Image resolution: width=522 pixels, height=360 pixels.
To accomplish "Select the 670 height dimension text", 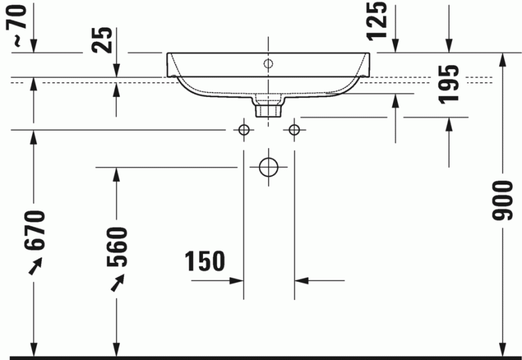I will pos(35,230).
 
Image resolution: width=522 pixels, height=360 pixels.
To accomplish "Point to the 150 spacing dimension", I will pos(204,261).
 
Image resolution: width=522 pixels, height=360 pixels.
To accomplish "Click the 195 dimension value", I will pos(448,83).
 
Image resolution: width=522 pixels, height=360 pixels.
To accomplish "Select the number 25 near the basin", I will pos(101,40).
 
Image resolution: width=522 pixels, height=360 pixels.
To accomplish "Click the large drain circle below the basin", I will pos(268,167).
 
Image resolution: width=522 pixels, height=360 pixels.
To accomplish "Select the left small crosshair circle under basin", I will pos(244,130).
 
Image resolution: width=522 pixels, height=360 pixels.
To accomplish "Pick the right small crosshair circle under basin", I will pos(294,130).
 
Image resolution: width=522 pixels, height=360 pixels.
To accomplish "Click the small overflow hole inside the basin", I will pos(268,63).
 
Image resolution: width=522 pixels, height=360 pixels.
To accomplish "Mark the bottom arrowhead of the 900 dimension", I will pos(504,349).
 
